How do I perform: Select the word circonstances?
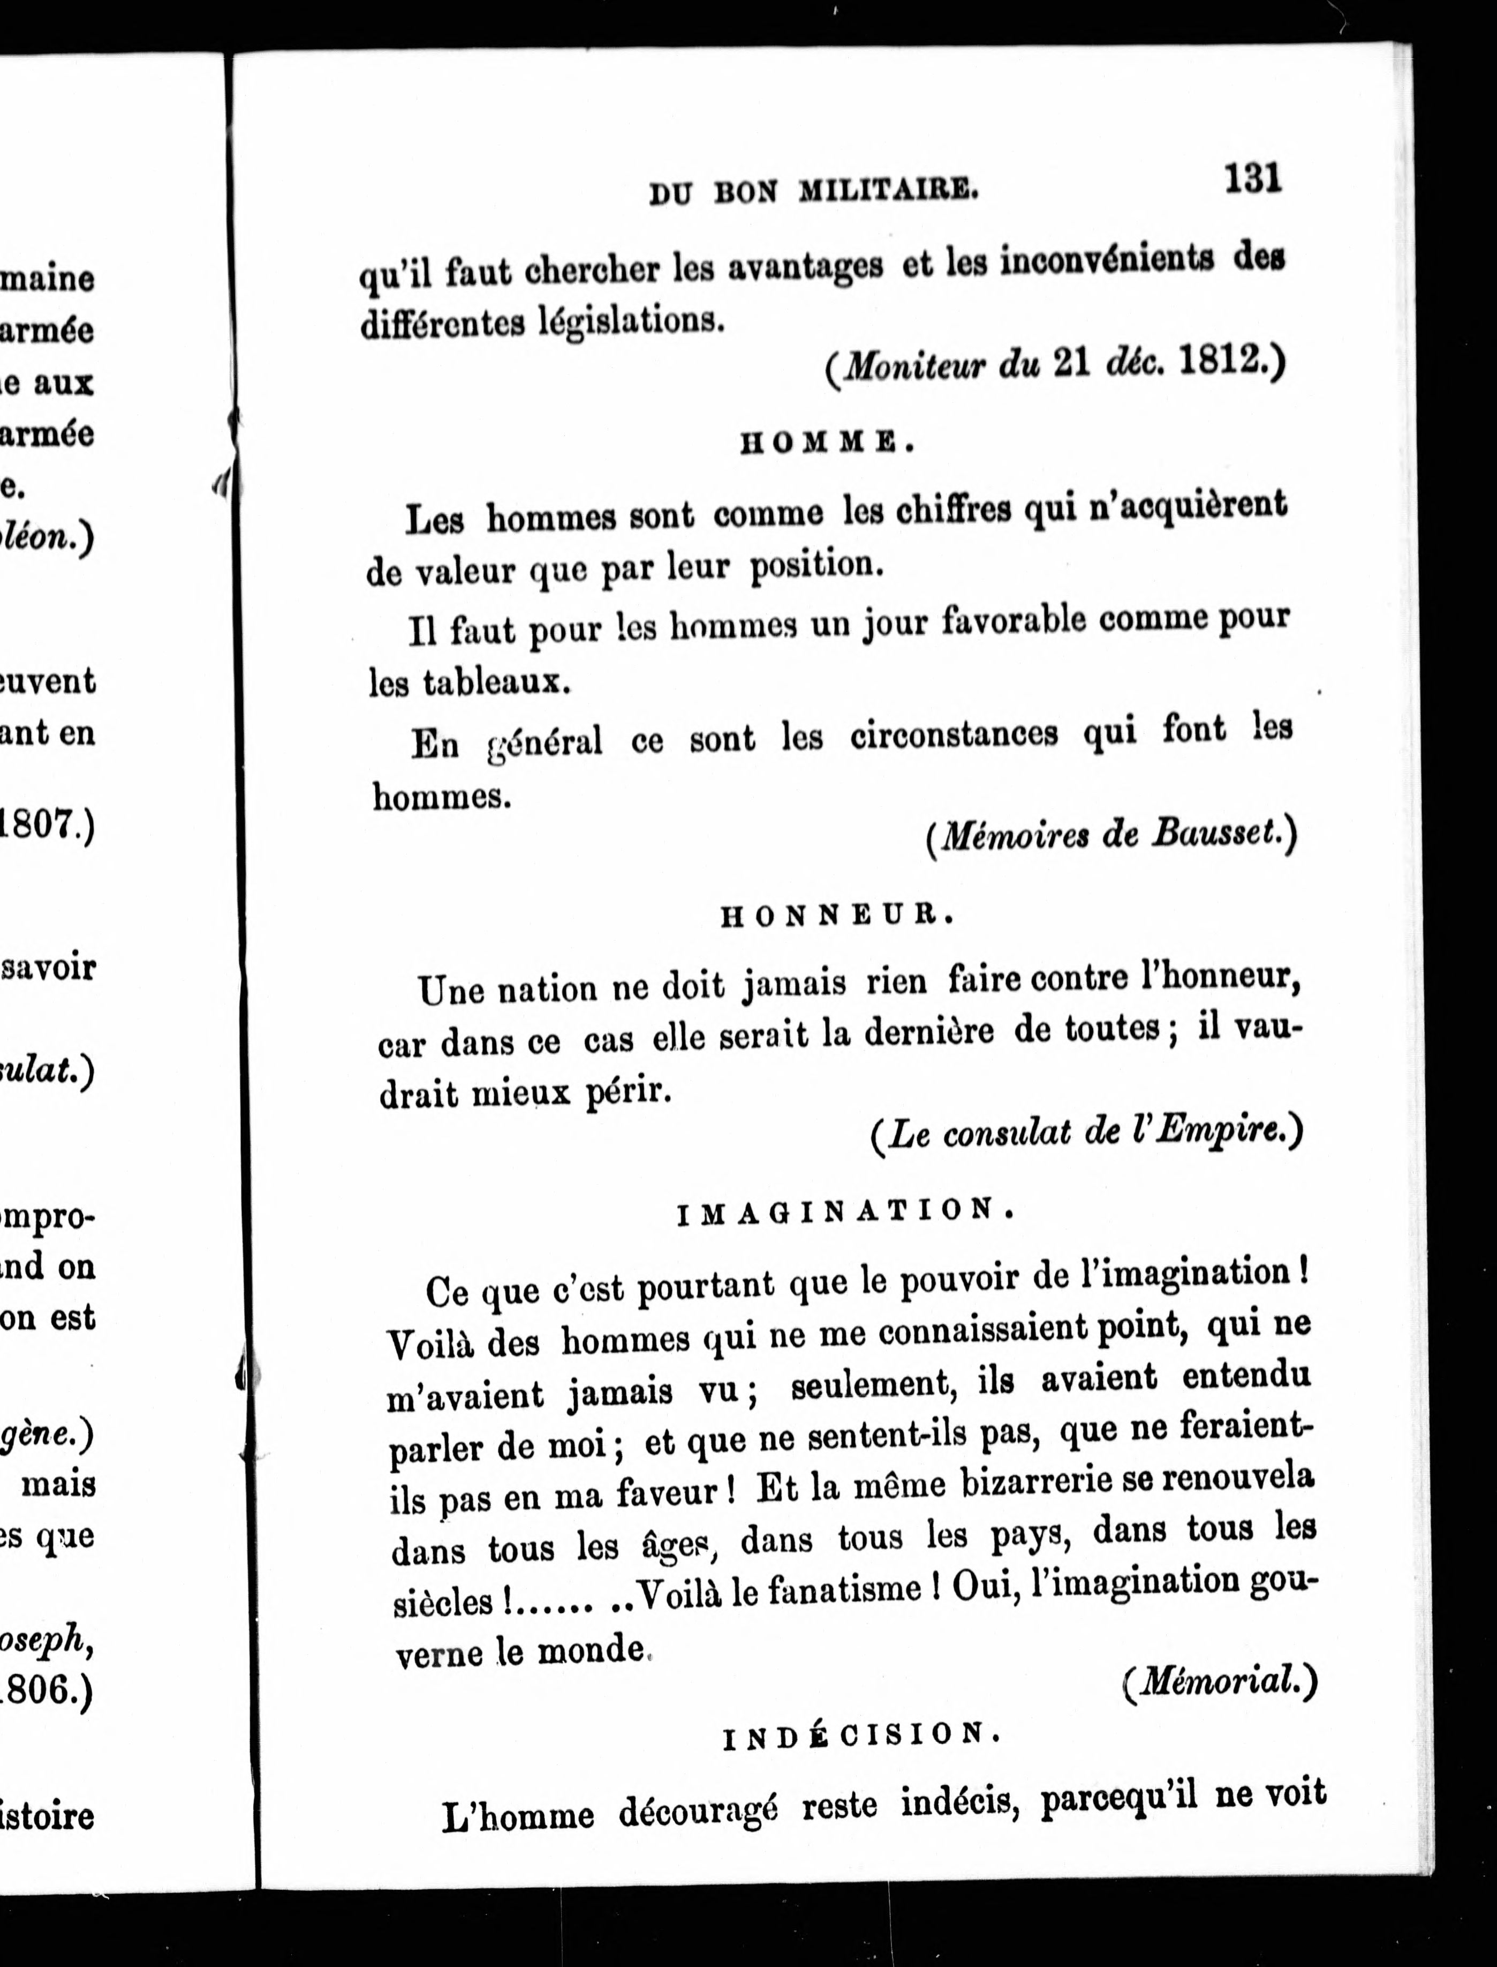click(954, 736)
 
